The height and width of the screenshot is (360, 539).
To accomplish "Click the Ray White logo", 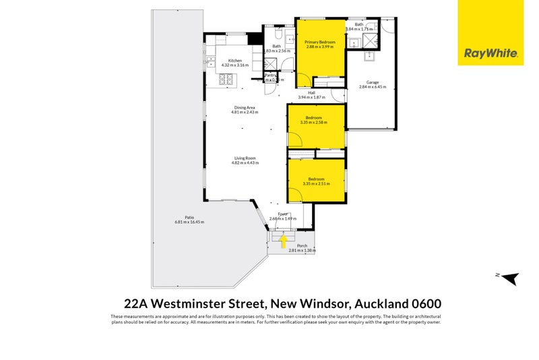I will tap(490, 53).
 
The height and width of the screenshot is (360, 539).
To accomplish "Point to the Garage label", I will tap(373, 82).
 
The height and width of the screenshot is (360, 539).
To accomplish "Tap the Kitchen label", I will tap(235, 61).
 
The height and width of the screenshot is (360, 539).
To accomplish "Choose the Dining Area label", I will tap(245, 108).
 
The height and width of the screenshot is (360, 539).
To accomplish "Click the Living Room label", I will tap(245, 158).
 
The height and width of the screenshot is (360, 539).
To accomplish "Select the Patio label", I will tap(180, 218).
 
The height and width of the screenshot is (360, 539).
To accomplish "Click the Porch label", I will tap(302, 246).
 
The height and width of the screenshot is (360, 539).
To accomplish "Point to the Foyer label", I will tap(283, 214).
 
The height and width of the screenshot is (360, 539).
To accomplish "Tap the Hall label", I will tap(312, 92).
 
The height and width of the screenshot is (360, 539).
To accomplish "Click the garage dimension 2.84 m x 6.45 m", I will tap(373, 87).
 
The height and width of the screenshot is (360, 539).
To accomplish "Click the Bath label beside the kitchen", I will tap(277, 47).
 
